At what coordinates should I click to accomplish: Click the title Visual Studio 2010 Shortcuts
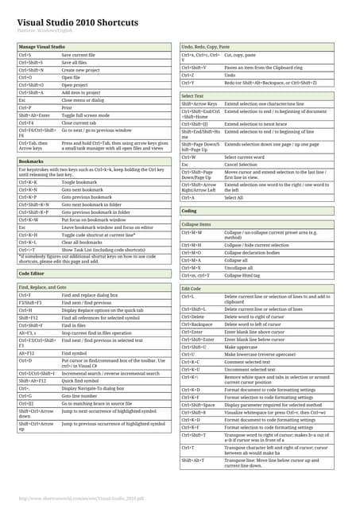tap(77, 22)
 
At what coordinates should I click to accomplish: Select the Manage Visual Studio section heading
tap(41, 47)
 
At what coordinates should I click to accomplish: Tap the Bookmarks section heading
tap(30, 161)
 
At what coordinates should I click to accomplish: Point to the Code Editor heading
tap(32, 272)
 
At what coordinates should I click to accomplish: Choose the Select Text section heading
tap(192, 95)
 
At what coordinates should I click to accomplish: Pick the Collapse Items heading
tap(196, 224)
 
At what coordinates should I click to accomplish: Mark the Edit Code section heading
tap(192, 287)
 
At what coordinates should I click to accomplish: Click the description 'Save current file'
tap(79, 55)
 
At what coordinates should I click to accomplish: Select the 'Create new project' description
tap(81, 69)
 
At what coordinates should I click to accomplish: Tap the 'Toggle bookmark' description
tap(79, 182)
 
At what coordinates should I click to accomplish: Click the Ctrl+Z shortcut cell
tap(188, 75)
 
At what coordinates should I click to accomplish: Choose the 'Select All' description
tap(234, 197)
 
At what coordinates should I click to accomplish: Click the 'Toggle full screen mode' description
tap(89, 115)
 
